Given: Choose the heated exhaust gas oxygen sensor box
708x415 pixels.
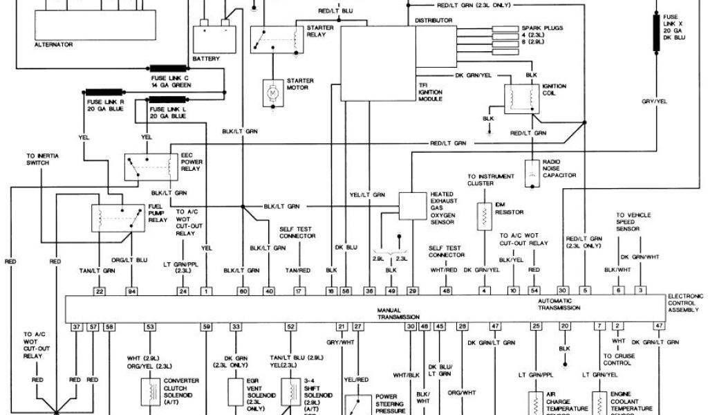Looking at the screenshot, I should coord(413,205).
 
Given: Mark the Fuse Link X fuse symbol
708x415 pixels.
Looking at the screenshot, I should coord(655,29).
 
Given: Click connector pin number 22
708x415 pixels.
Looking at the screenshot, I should coord(100,291).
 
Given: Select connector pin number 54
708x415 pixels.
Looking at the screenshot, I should coord(534,291).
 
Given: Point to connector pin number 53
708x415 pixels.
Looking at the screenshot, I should coord(149,325).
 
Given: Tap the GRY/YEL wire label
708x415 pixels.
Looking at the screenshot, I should coord(654,102).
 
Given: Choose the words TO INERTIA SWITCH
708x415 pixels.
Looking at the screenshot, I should coord(43,159).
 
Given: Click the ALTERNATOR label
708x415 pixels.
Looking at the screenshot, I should coord(53,44).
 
